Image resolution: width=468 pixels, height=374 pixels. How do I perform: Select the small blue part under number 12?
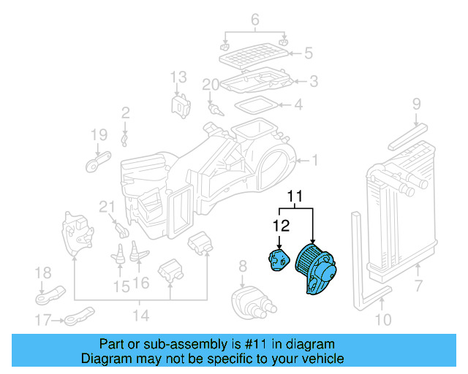278,260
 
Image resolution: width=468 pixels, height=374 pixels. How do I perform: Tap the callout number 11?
294,196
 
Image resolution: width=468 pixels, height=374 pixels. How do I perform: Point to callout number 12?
282,226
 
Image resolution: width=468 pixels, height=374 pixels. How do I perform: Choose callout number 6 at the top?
255,20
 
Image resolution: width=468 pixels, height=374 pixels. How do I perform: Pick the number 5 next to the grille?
307,53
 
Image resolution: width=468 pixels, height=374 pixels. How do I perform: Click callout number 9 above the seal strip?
416,104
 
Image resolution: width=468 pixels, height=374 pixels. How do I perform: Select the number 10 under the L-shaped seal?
383,319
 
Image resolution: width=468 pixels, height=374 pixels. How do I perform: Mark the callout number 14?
140,316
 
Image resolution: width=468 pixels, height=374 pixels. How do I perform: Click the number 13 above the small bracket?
179,77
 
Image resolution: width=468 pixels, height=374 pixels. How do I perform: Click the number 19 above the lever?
99,134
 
